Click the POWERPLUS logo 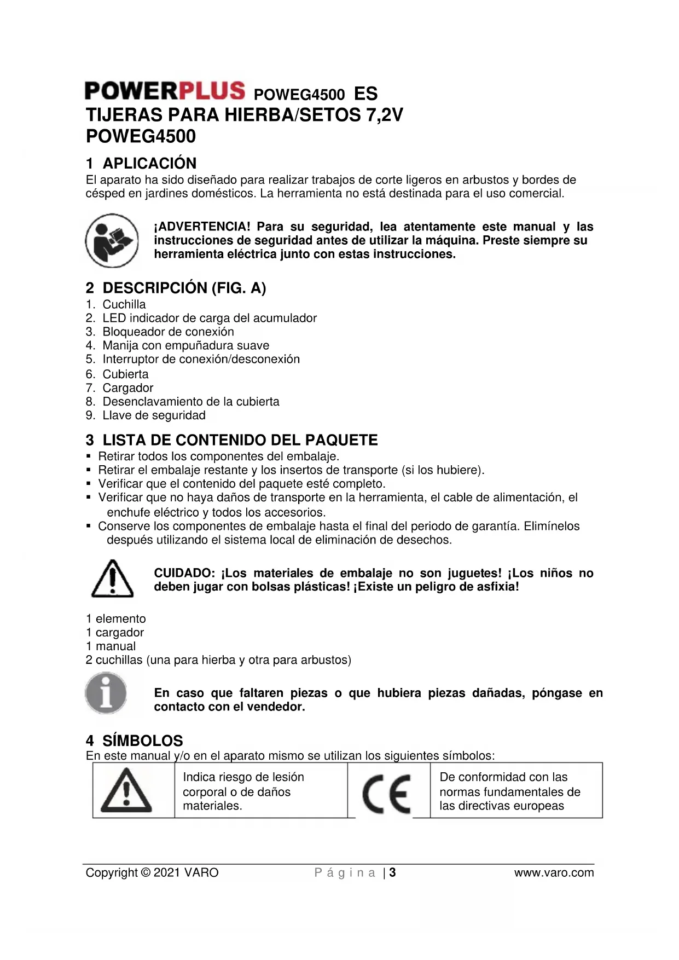point(165,90)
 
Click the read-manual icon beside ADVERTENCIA point(112,241)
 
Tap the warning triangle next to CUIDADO point(112,579)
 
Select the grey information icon point(106,692)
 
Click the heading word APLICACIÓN point(149,163)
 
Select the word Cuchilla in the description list point(124,304)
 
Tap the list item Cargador point(128,388)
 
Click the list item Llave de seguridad point(154,415)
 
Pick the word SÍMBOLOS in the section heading point(143,741)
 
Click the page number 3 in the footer point(392,872)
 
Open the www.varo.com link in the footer point(554,872)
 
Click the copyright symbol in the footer point(146,872)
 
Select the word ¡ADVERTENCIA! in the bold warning point(202,227)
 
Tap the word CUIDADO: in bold point(185,573)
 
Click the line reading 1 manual point(111,646)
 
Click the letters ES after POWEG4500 point(365,94)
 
